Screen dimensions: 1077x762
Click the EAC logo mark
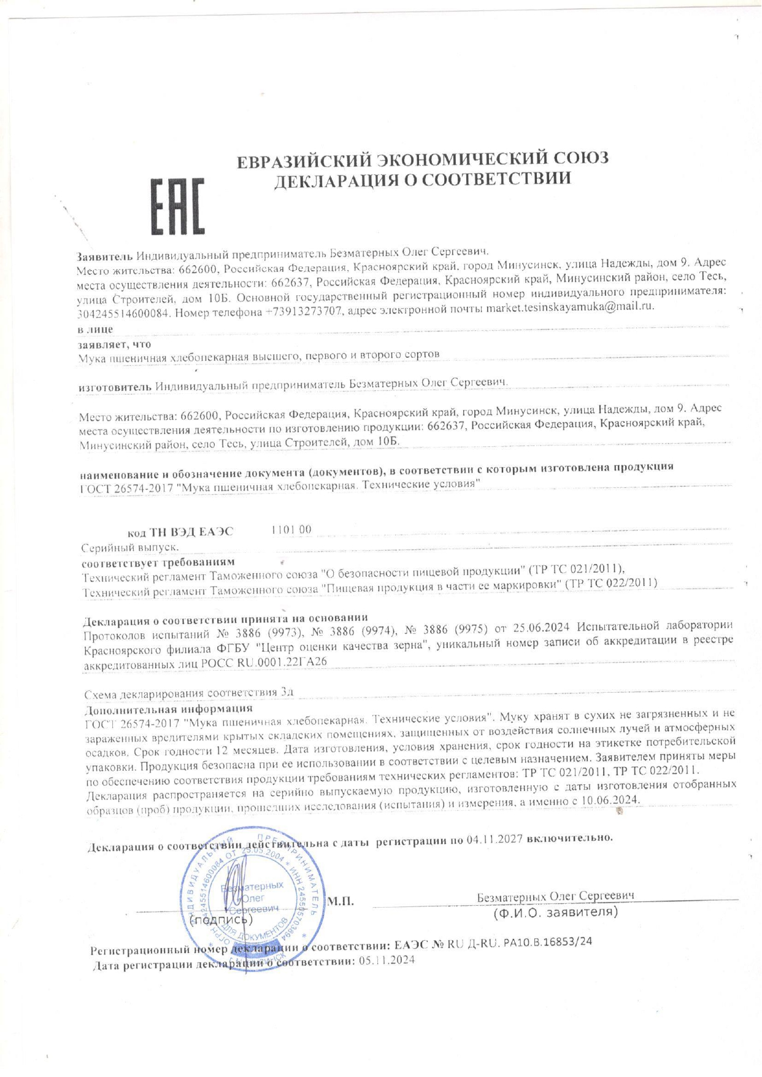point(177,206)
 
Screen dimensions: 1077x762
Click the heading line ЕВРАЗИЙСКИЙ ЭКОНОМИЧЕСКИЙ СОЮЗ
point(423,159)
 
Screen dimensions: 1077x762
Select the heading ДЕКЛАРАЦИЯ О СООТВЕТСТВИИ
point(422,179)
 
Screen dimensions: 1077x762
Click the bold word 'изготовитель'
point(115,387)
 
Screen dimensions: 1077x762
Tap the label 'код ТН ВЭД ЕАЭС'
point(180,532)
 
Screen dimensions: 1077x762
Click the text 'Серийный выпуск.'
point(131,547)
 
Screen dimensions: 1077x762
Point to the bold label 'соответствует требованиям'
point(158,562)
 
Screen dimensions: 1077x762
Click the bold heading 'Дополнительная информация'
point(168,709)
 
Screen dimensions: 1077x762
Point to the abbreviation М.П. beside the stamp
point(341,901)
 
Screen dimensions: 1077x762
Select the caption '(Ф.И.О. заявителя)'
point(555,912)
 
